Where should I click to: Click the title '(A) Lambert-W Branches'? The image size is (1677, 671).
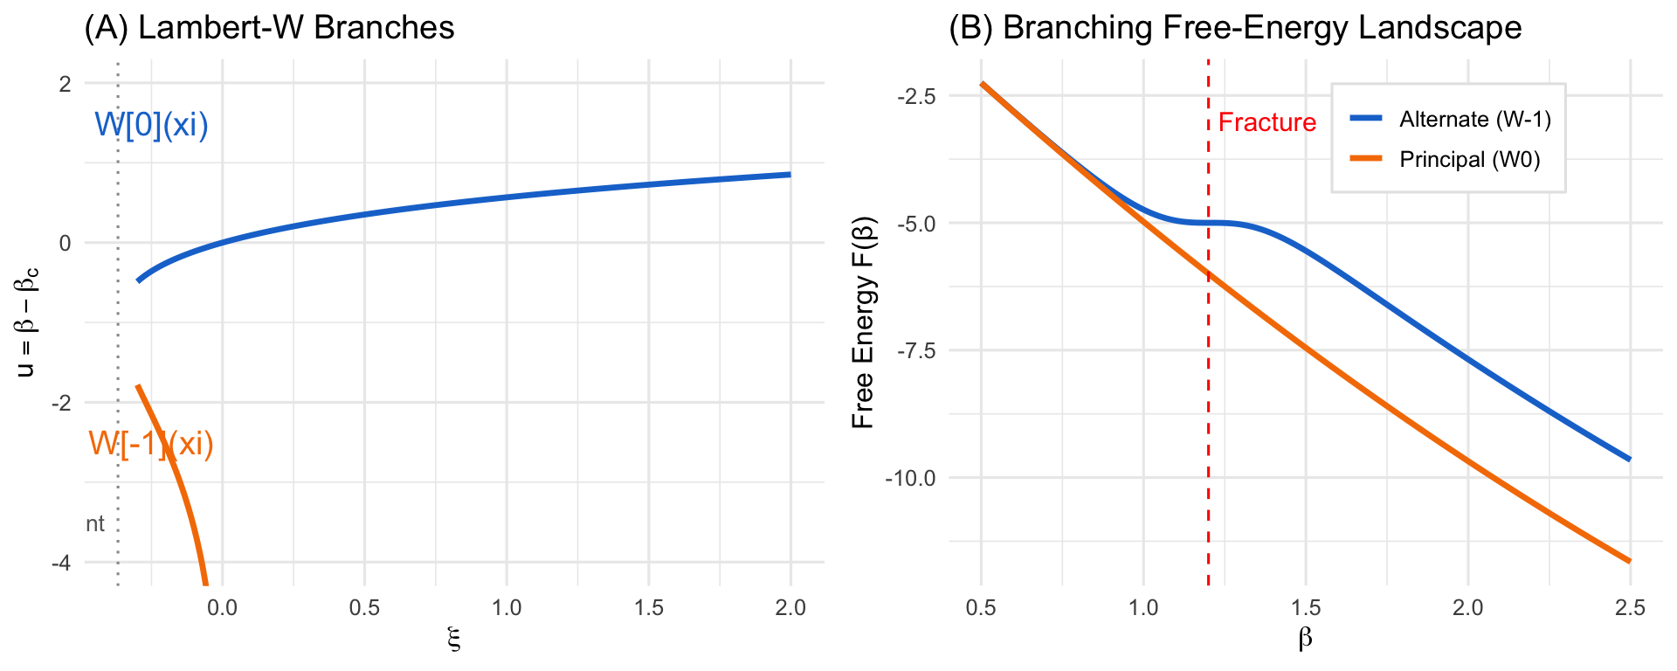click(x=269, y=28)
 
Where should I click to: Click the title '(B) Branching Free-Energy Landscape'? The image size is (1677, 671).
click(x=1235, y=28)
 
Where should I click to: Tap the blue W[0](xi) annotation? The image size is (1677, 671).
click(x=151, y=125)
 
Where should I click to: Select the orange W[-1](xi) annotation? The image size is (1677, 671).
click(x=151, y=444)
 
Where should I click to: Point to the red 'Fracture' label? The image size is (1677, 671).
click(x=1266, y=122)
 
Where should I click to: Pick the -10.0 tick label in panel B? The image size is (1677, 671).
click(x=911, y=479)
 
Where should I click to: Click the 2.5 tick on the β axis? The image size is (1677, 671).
click(x=1630, y=608)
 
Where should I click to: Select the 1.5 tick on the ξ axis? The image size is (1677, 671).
click(x=648, y=608)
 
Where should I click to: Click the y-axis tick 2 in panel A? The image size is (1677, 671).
click(x=65, y=84)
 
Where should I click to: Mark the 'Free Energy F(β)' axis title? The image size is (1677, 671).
click(x=863, y=323)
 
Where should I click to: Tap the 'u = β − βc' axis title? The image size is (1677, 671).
click(x=28, y=323)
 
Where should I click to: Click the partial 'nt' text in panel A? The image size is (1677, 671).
click(x=94, y=523)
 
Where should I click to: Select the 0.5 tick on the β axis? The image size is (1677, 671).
click(x=981, y=608)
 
